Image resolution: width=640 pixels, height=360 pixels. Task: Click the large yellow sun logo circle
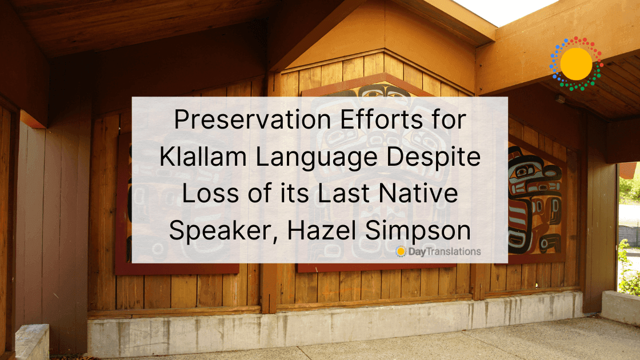pyautogui.click(x=576, y=63)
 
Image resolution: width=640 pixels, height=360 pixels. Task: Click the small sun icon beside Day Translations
pyautogui.click(x=401, y=251)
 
